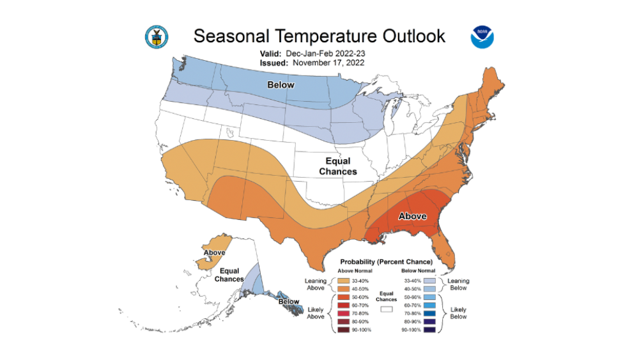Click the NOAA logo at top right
(482, 37)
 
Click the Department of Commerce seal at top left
(156, 37)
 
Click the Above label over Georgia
(412, 216)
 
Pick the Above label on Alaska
(215, 253)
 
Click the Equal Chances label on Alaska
(229, 275)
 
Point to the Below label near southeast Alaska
(289, 301)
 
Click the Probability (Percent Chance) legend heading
(386, 262)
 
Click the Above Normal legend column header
(355, 270)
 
